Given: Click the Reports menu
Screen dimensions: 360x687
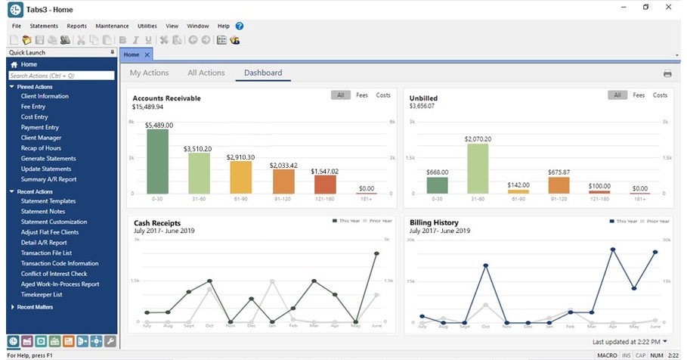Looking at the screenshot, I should click(x=76, y=26).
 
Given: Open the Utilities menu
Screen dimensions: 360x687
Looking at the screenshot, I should click(x=147, y=26).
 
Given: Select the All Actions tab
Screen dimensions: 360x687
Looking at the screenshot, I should click(x=206, y=73).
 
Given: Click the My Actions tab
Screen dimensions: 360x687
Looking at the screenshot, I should click(x=149, y=73).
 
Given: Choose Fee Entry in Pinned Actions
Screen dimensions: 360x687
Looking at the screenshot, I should click(x=33, y=107).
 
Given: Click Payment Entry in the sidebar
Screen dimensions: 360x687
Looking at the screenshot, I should click(x=39, y=128).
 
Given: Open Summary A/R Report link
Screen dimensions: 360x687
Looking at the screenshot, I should click(x=48, y=179).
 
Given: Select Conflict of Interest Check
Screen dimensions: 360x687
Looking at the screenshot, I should click(x=54, y=274).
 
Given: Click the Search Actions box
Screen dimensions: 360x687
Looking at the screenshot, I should click(x=61, y=76).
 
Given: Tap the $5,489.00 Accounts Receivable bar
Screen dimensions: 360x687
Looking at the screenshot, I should click(x=157, y=161).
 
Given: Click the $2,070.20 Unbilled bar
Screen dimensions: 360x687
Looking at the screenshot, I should click(x=478, y=168).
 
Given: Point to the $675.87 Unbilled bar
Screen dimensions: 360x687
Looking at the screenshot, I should click(x=559, y=185).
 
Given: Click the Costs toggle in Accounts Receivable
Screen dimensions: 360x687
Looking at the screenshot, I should click(x=383, y=95).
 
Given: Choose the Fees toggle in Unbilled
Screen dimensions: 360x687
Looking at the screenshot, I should click(x=639, y=95).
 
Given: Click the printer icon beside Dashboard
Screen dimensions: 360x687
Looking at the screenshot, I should click(x=667, y=74).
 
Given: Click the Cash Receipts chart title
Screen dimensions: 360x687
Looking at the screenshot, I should click(x=157, y=223).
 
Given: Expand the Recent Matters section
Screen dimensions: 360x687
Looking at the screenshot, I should click(x=36, y=307).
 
